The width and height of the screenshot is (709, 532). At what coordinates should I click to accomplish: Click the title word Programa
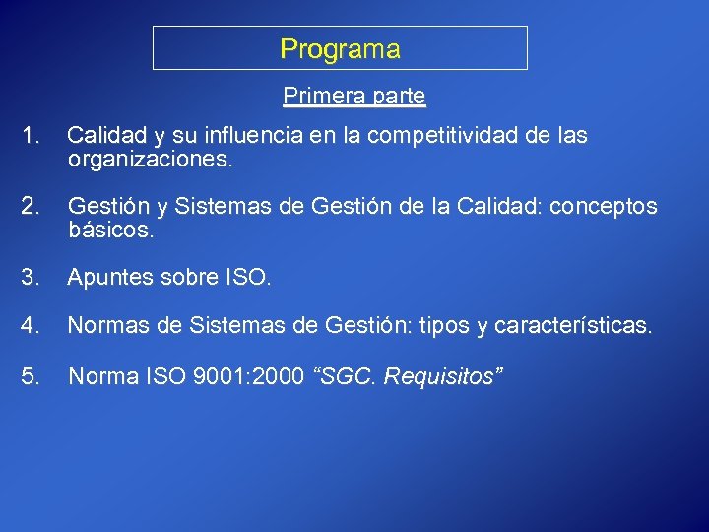(340, 49)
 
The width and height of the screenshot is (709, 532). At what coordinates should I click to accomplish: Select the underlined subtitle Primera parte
(354, 96)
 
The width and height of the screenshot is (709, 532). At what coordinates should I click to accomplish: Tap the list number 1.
(32, 136)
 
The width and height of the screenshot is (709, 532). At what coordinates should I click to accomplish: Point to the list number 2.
(32, 206)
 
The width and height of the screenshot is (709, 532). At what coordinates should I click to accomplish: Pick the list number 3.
(32, 279)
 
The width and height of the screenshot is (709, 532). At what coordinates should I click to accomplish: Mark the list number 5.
(32, 375)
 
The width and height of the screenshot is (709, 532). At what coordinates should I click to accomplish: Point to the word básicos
(111, 230)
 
